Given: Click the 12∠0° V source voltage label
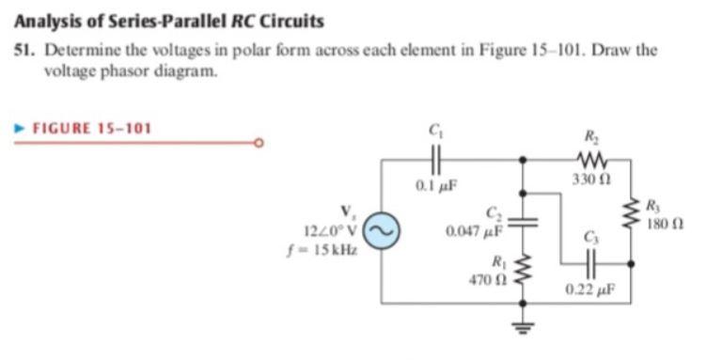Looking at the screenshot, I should point(331,229).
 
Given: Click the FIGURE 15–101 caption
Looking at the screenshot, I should point(92,128).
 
